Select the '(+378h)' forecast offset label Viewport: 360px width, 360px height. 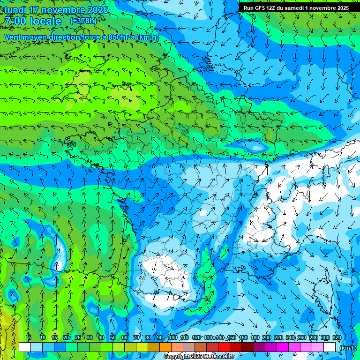pos(83,21)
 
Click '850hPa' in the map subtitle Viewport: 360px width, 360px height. pos(120,37)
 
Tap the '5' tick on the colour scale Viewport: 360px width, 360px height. pos(30,337)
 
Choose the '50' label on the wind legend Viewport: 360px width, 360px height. pos(112,337)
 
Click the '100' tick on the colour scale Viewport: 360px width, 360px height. pos(173,337)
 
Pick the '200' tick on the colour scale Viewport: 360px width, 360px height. pos(267,337)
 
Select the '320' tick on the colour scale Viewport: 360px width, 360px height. pos(337,337)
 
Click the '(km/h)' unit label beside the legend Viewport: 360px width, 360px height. pos(347,348)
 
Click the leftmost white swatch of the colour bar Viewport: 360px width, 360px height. pos(25,347)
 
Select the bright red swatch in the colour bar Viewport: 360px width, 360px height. pos(224,347)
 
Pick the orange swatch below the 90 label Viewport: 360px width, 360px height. pos(165,347)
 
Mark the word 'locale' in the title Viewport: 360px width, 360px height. pos(45,22)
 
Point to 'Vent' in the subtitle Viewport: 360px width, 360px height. pos(13,37)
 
